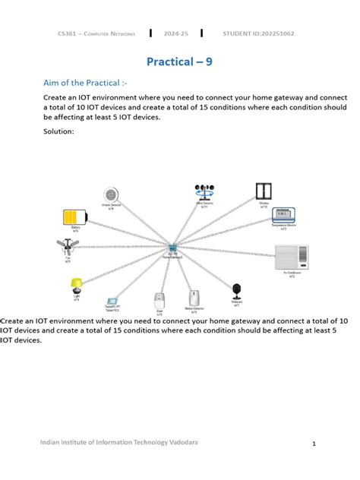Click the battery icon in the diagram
click(74, 215)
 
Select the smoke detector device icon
click(112, 194)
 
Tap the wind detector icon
click(204, 191)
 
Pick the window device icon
click(264, 191)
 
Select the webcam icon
click(236, 290)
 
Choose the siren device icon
click(159, 298)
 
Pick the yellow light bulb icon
click(76, 286)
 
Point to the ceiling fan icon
click(68, 247)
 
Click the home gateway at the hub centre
click(174, 248)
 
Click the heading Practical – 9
click(179, 62)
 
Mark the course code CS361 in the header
click(68, 33)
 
